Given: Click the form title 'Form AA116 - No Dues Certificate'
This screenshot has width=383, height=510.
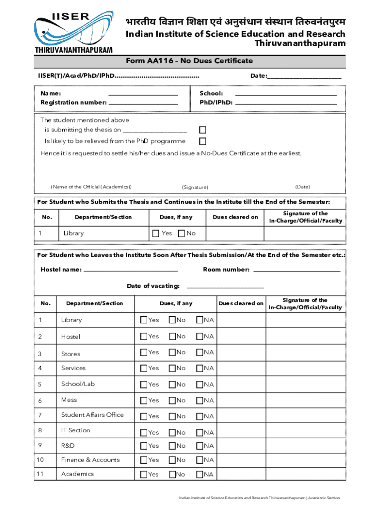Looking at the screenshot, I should coord(189,61).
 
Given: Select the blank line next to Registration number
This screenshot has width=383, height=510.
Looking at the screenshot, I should coord(143,103).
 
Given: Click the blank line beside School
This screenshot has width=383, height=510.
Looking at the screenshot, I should coord(286,94).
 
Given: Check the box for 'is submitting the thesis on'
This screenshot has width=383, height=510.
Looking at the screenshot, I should coord(202,130).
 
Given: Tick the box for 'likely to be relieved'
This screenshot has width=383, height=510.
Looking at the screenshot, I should coord(202,141).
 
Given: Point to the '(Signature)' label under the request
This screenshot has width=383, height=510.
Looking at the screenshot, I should coord(195,187).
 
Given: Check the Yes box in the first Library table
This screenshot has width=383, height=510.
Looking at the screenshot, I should coord(156,234).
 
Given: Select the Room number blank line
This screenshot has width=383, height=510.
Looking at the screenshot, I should coord(296,271).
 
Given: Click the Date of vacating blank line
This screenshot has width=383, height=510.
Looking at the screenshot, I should coord(225,287).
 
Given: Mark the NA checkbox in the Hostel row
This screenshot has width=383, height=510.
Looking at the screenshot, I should coord(199,337).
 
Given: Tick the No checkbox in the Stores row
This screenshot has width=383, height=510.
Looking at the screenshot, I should coord(172,353).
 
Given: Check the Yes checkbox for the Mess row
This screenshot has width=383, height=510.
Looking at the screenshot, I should coord(144,400).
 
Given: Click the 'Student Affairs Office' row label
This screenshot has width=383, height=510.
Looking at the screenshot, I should coord(92,415).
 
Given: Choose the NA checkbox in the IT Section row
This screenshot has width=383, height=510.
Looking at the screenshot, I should coord(199,432).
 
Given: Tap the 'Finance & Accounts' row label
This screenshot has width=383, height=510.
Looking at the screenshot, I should coord(90,460).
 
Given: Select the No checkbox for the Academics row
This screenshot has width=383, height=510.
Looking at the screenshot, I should coord(172,474).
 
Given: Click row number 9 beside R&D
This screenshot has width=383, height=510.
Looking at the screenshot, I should coord(39,446).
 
